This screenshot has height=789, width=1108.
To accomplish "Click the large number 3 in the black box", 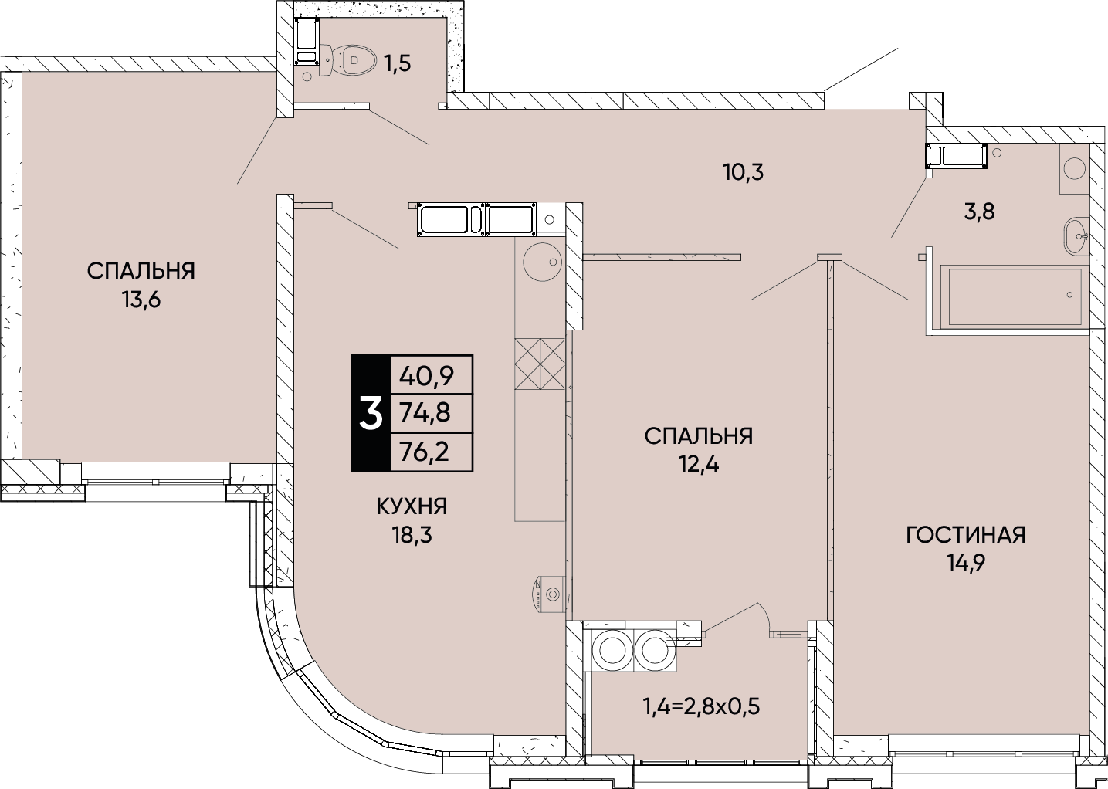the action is click(x=371, y=415).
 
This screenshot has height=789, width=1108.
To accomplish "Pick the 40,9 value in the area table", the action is click(x=426, y=377).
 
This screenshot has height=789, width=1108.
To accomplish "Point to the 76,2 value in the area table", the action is click(x=425, y=452).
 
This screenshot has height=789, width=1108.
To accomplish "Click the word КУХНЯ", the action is click(x=412, y=507).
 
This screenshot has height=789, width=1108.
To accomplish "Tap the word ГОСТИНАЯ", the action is click(x=966, y=535).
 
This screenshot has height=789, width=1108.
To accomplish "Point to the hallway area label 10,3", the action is click(x=744, y=172).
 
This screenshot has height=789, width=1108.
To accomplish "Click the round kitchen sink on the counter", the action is click(x=541, y=262).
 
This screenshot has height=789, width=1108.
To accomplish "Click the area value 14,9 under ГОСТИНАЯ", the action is click(x=967, y=563).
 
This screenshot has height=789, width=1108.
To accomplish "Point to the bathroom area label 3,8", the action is click(x=980, y=212).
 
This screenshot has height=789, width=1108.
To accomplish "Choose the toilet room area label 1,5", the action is click(x=398, y=63).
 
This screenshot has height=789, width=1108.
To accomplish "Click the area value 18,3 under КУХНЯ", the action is click(x=412, y=535).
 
